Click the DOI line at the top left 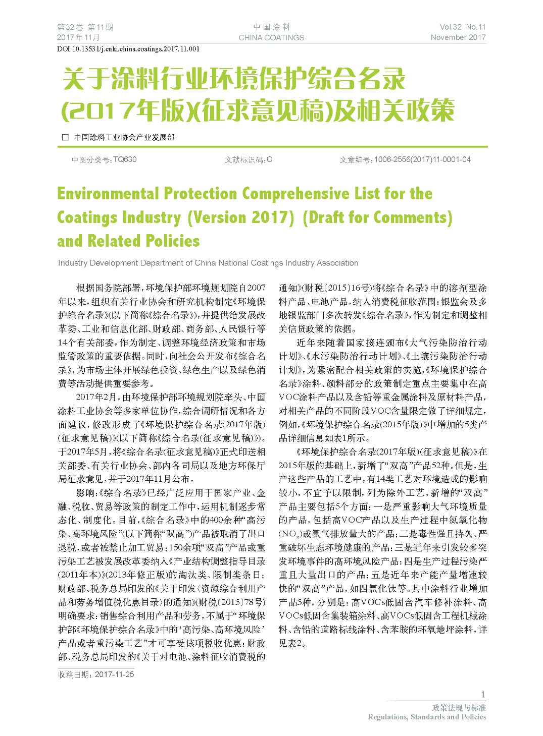129,49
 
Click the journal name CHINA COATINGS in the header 271,37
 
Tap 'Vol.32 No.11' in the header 462,27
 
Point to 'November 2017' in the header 458,37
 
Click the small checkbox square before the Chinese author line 65,137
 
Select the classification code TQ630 125,159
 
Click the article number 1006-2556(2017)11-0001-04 422,159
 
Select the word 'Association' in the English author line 337,263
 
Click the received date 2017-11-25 114,674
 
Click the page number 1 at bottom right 483,694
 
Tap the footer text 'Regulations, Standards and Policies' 427,717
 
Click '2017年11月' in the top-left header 78,37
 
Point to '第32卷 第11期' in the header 85,27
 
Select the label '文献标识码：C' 249,159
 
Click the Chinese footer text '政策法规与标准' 459,708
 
